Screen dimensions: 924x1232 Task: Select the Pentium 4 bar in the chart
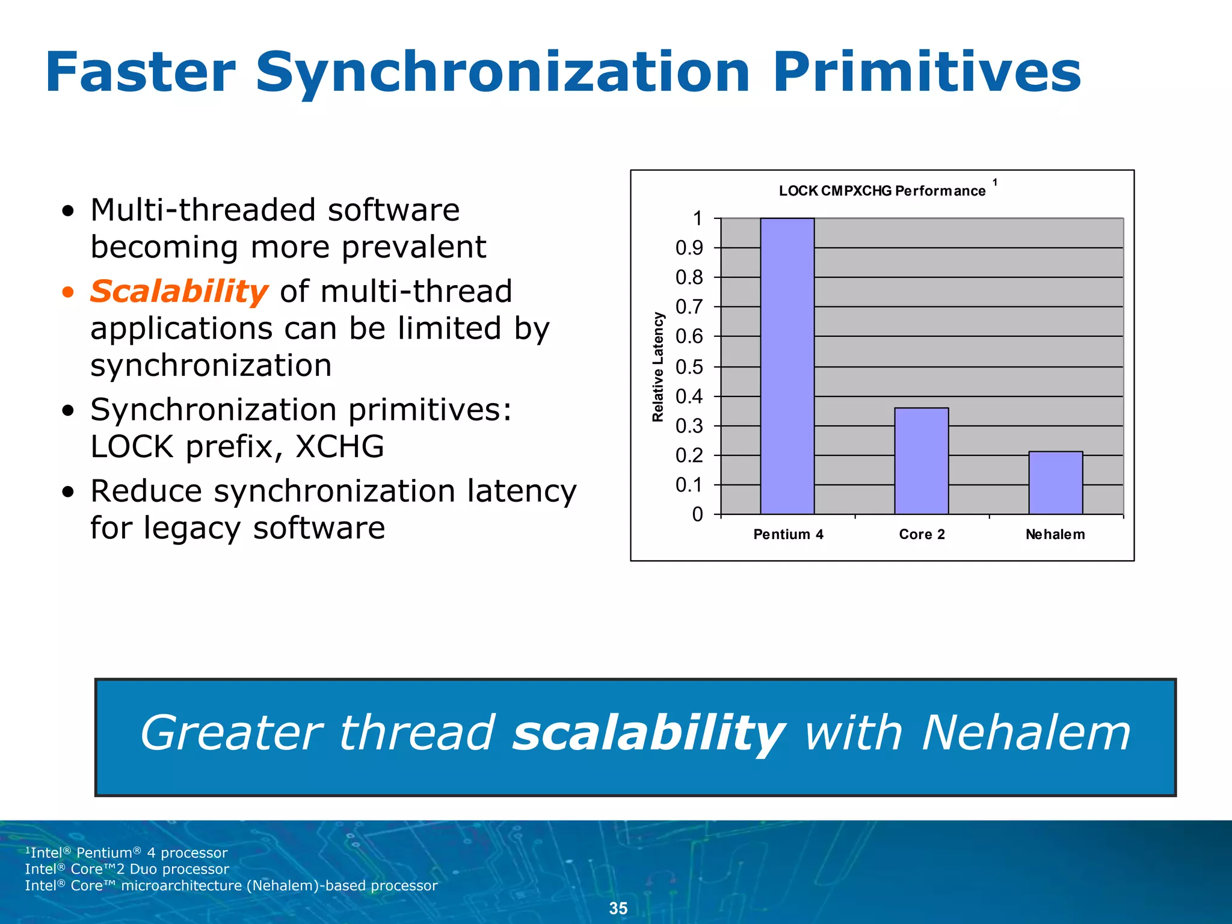tap(787, 366)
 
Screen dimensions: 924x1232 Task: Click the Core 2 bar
tap(921, 461)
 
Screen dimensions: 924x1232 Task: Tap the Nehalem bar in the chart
tap(1055, 482)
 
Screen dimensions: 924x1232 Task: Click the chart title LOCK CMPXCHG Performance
tap(882, 191)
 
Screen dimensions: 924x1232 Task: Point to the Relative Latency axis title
tap(658, 367)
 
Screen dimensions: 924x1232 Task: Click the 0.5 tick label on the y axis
tap(689, 367)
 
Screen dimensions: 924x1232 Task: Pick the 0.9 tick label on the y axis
tap(689, 248)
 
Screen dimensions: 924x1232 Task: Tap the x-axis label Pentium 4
tap(788, 534)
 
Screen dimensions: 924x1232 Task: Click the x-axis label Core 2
tap(922, 534)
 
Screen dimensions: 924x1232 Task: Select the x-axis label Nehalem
tap(1055, 534)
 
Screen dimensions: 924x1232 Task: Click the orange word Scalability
tap(179, 292)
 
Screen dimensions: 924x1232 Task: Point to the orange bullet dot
tap(69, 293)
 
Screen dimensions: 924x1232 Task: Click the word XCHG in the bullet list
tap(339, 446)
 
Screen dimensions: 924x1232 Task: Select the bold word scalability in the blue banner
tap(648, 733)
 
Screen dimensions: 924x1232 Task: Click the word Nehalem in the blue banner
tap(1026, 733)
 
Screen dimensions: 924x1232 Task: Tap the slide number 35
tap(618, 908)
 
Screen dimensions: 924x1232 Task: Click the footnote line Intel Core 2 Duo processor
tap(127, 869)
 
